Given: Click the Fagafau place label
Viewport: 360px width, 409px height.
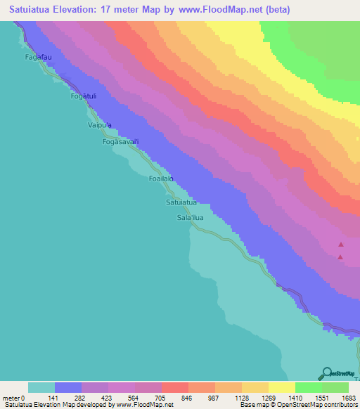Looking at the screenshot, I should click(39, 56).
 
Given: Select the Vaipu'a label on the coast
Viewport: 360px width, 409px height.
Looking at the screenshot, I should click(99, 124).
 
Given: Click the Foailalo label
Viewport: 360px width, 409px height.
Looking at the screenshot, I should click(160, 180).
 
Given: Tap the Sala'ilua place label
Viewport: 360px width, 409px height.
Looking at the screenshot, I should click(191, 218).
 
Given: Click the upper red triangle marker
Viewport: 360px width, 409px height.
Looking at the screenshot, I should click(341, 245).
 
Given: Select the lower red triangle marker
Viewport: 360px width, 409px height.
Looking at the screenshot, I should click(340, 257).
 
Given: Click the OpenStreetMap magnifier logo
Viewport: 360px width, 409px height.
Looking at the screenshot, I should click(327, 373).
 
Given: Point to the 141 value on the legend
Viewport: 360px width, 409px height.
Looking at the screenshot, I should click(54, 398).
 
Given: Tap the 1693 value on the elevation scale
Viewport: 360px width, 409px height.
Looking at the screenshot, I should click(349, 398).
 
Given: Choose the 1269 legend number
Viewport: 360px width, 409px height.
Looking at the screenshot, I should click(268, 398).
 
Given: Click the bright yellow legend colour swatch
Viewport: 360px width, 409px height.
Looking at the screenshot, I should click(281, 387).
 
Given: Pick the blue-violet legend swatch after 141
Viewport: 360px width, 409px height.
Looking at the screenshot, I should click(68, 387).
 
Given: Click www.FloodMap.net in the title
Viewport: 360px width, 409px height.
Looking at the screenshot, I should click(214, 10).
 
